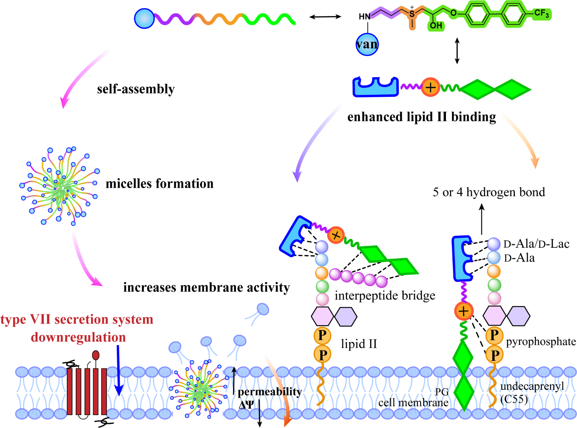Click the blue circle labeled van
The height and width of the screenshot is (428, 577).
click(367, 44)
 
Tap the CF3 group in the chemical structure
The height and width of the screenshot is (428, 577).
click(542, 13)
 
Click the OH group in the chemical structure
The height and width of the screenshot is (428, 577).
click(436, 25)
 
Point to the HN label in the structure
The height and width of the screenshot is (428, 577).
click(365, 17)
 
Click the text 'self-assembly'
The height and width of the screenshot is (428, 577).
click(136, 89)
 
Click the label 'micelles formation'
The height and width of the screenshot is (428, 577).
click(159, 184)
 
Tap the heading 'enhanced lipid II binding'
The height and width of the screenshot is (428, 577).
click(421, 117)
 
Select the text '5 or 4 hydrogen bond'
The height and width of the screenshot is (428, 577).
click(489, 192)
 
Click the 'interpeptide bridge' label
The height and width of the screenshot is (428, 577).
click(385, 296)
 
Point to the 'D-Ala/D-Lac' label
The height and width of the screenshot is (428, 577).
click(536, 244)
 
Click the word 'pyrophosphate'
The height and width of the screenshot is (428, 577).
click(541, 342)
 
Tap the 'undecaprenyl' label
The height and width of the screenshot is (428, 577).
click(532, 386)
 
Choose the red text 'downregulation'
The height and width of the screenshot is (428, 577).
click(78, 337)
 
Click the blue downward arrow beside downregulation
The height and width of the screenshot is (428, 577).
click(119, 370)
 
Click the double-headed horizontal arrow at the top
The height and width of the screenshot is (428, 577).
click(325, 17)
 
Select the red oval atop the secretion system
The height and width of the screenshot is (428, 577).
click(96, 355)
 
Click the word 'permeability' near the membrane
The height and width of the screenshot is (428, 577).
click(269, 392)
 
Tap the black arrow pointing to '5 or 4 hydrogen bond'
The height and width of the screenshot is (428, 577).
click(482, 219)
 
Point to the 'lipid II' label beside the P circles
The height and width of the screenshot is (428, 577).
click(359, 344)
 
